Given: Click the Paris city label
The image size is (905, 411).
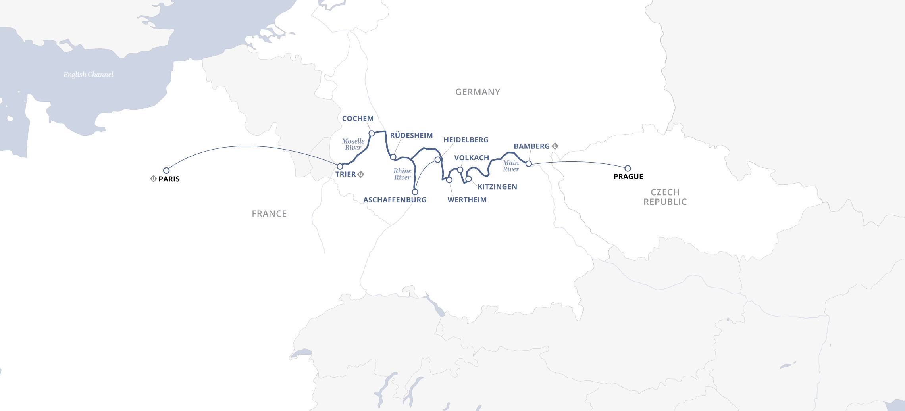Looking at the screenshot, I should click(x=169, y=179).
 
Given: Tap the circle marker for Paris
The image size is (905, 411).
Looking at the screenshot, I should click(x=166, y=171).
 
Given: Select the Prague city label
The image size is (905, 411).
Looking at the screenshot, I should click(x=628, y=177).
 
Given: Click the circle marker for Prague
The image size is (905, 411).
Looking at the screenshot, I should click(x=628, y=169).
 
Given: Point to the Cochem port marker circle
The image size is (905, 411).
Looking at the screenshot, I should click(x=372, y=133).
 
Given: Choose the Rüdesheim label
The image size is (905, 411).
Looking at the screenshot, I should click(x=411, y=136).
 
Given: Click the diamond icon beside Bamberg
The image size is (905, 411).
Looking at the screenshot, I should click(x=555, y=146).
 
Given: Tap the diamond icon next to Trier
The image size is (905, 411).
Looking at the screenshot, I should click(x=361, y=174).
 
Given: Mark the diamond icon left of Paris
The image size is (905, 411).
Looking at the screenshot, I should click(x=153, y=179).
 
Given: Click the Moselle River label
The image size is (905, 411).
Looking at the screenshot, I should click(x=353, y=144).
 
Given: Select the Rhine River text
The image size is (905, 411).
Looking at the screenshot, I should click(x=402, y=174).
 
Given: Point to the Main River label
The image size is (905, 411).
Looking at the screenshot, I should click(x=511, y=166).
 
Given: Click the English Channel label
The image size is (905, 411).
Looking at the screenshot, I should click(x=88, y=75).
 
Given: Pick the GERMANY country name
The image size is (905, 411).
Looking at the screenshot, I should click(x=478, y=92).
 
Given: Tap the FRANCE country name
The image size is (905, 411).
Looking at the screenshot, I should click(x=269, y=214).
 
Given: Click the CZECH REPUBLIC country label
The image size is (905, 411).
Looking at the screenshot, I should click(x=665, y=197).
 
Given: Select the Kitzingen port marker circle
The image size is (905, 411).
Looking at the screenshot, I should click(x=468, y=179).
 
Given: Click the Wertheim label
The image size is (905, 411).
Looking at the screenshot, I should click(x=467, y=200).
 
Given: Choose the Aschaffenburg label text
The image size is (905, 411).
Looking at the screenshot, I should click(x=395, y=200).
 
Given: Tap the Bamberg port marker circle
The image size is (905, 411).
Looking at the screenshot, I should click(x=529, y=164).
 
